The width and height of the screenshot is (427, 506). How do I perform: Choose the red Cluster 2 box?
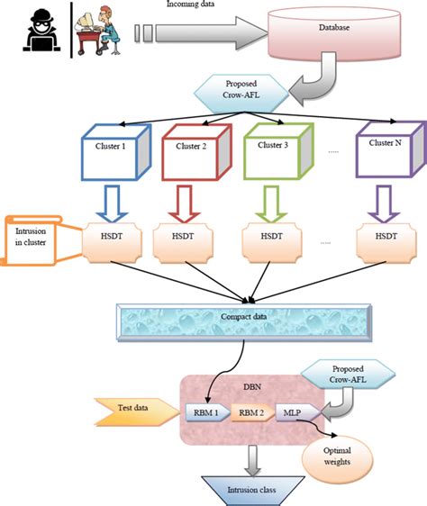click(192, 146)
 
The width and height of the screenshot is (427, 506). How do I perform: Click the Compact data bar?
click(244, 320)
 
